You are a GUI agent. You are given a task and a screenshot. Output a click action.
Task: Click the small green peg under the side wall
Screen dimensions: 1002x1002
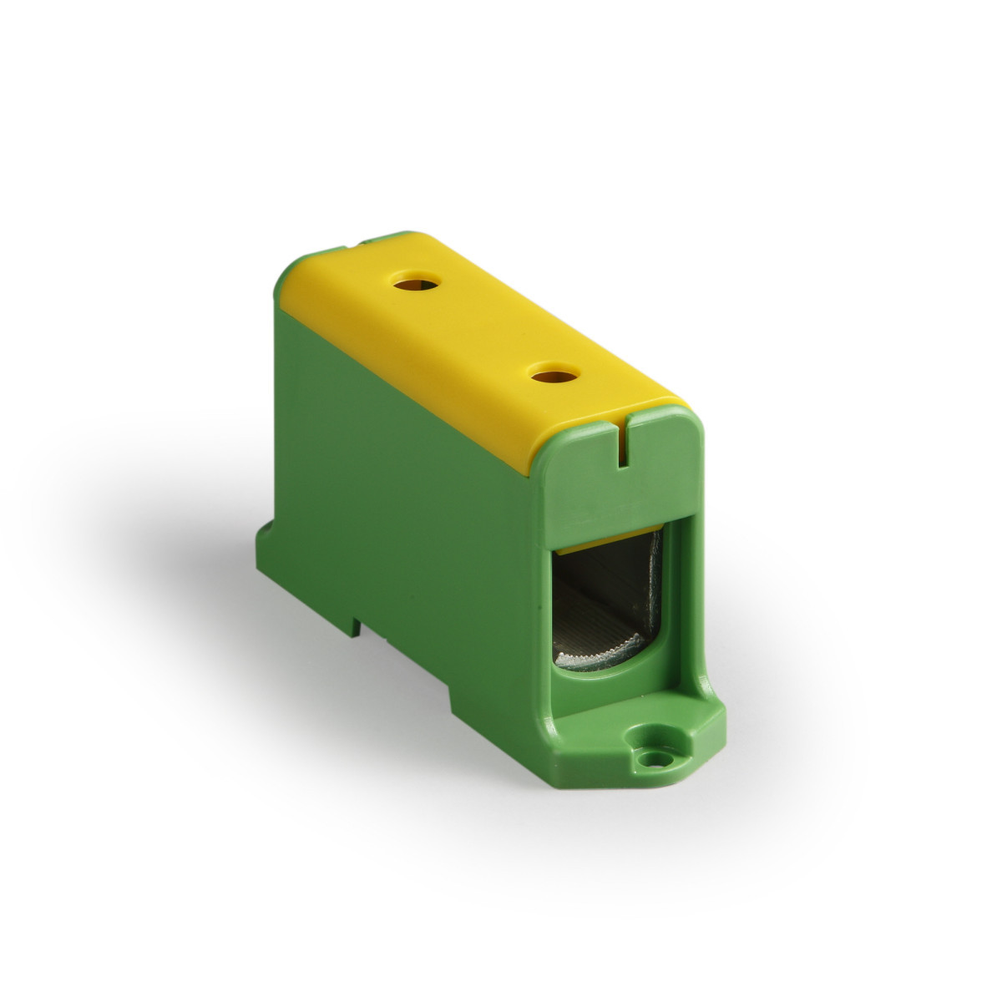coord(357,622)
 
